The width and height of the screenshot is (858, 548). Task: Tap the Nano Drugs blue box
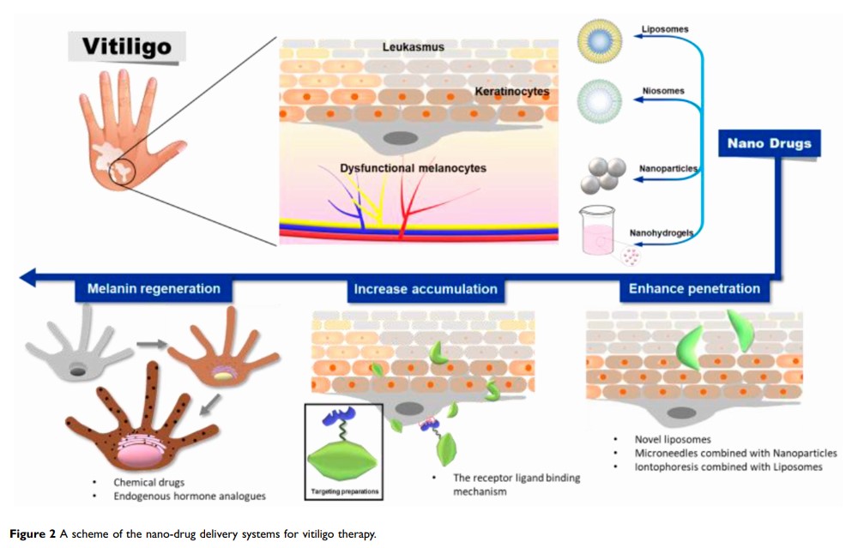point(769,143)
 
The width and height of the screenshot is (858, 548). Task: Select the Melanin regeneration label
point(154,289)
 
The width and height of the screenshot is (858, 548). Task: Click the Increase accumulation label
point(426,289)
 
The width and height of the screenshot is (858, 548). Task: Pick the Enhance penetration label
point(694,289)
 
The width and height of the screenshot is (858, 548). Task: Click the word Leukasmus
point(414,47)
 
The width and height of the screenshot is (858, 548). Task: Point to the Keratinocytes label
point(512,90)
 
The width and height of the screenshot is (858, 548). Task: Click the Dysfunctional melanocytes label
point(412,168)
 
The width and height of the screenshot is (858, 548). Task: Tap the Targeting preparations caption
point(342,492)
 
